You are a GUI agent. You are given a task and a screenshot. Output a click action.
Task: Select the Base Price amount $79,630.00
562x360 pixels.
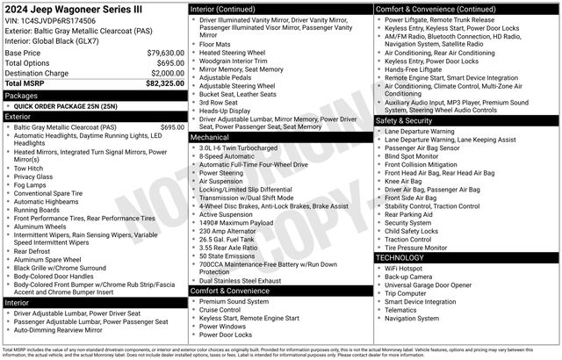[165, 53]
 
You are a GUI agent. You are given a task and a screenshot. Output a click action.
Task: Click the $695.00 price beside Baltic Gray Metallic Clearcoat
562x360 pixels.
[172, 127]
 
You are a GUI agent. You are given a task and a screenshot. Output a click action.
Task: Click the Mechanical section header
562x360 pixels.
[209, 137]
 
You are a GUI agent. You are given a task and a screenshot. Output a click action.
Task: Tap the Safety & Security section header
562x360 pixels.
[408, 119]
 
